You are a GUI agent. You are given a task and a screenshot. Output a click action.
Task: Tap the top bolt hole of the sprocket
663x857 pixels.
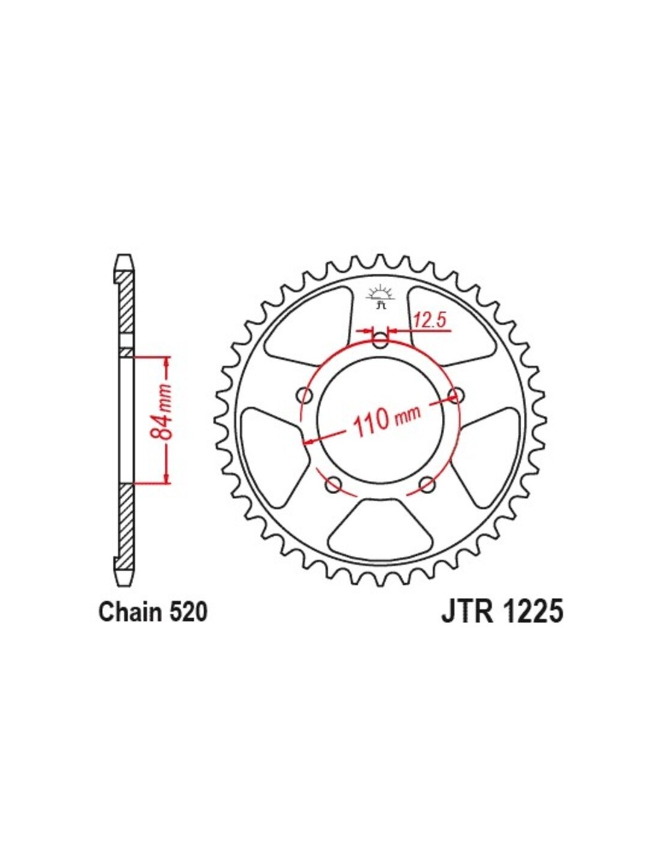tap(380, 340)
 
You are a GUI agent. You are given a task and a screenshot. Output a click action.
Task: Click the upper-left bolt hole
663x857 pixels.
tap(305, 395)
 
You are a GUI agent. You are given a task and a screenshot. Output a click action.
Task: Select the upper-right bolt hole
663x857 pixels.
tap(456, 395)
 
